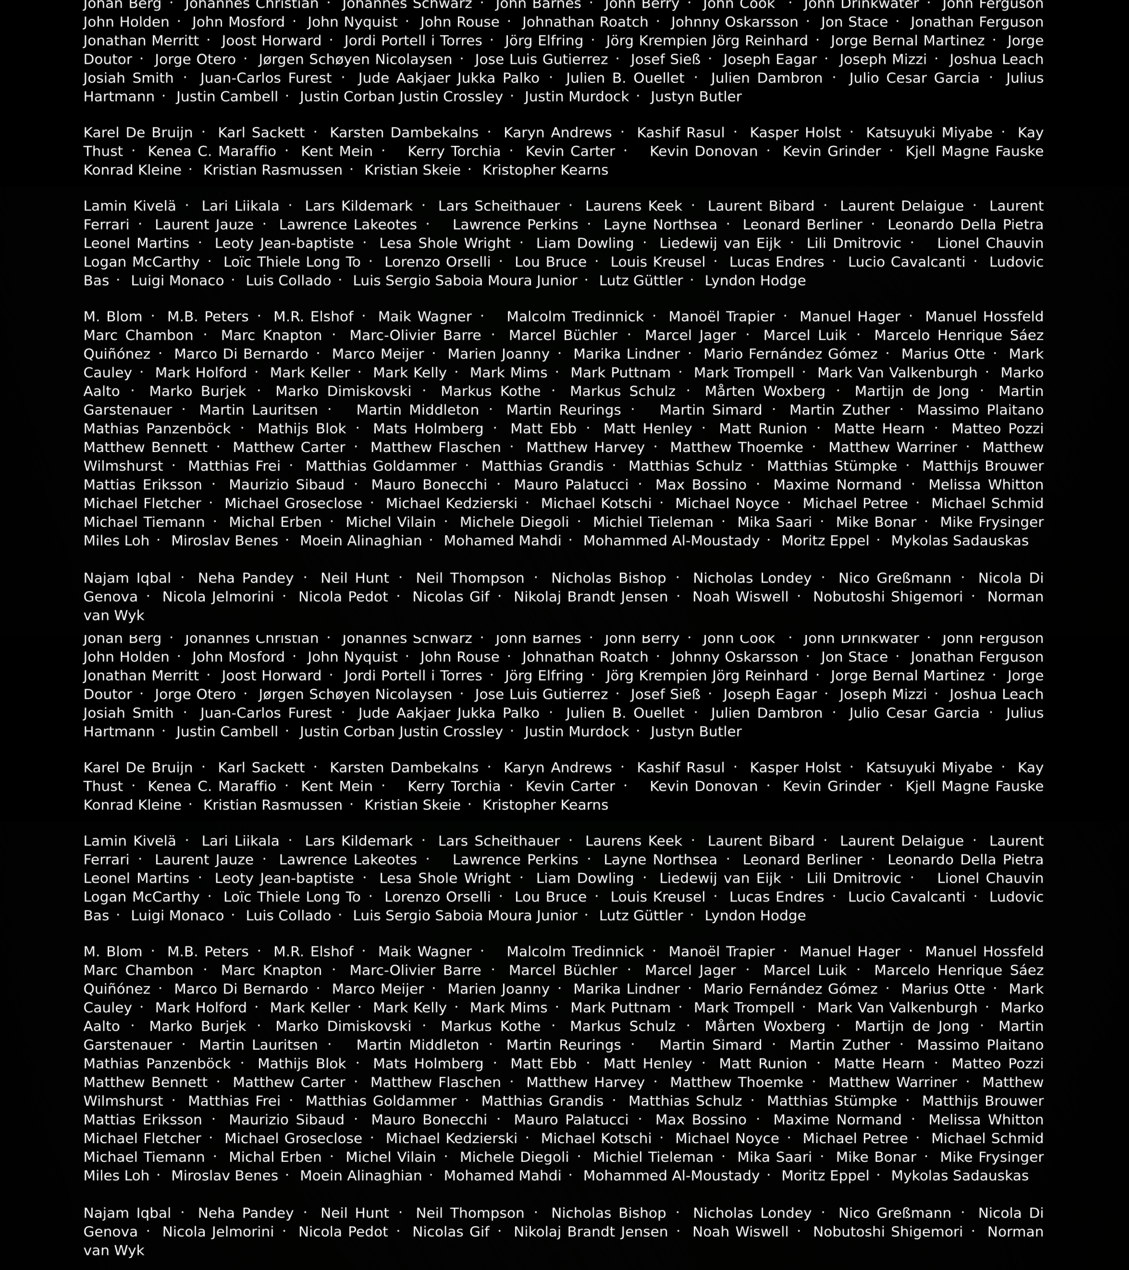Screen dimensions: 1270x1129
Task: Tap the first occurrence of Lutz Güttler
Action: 641,281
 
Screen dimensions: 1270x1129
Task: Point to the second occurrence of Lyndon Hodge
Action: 755,916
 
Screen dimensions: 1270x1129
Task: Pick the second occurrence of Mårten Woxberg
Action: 765,1026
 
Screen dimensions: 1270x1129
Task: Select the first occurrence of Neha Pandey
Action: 246,579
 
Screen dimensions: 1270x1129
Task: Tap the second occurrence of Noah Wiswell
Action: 740,1232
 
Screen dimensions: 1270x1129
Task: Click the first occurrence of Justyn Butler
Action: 696,97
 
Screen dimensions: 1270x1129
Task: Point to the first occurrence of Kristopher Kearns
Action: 545,170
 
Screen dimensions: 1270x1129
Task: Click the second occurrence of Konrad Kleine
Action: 132,805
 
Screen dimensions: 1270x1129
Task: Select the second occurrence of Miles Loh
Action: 116,1176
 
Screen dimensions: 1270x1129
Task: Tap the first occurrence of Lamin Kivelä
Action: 130,206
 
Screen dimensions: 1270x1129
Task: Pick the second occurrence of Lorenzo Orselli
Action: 437,897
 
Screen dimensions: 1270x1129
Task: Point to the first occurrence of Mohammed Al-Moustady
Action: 671,541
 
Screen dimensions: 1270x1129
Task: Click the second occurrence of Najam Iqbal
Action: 127,1214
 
